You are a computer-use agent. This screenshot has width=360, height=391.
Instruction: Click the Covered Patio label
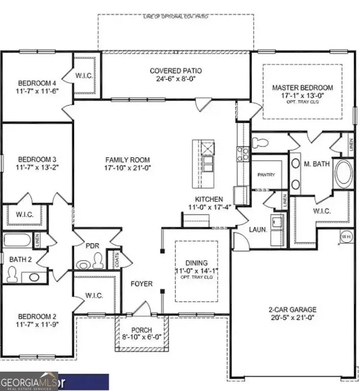click(x=176, y=71)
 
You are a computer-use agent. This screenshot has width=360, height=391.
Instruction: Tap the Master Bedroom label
click(x=302, y=88)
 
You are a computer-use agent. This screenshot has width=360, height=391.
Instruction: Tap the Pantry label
click(x=266, y=175)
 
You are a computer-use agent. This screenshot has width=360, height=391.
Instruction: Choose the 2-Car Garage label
click(x=293, y=309)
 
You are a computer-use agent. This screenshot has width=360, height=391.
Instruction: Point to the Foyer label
click(x=141, y=283)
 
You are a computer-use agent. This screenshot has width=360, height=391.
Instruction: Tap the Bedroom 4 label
click(x=36, y=84)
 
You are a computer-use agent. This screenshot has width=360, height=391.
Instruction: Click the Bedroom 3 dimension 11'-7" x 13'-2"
click(x=36, y=167)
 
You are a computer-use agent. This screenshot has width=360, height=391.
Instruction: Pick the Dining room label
click(x=196, y=258)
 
